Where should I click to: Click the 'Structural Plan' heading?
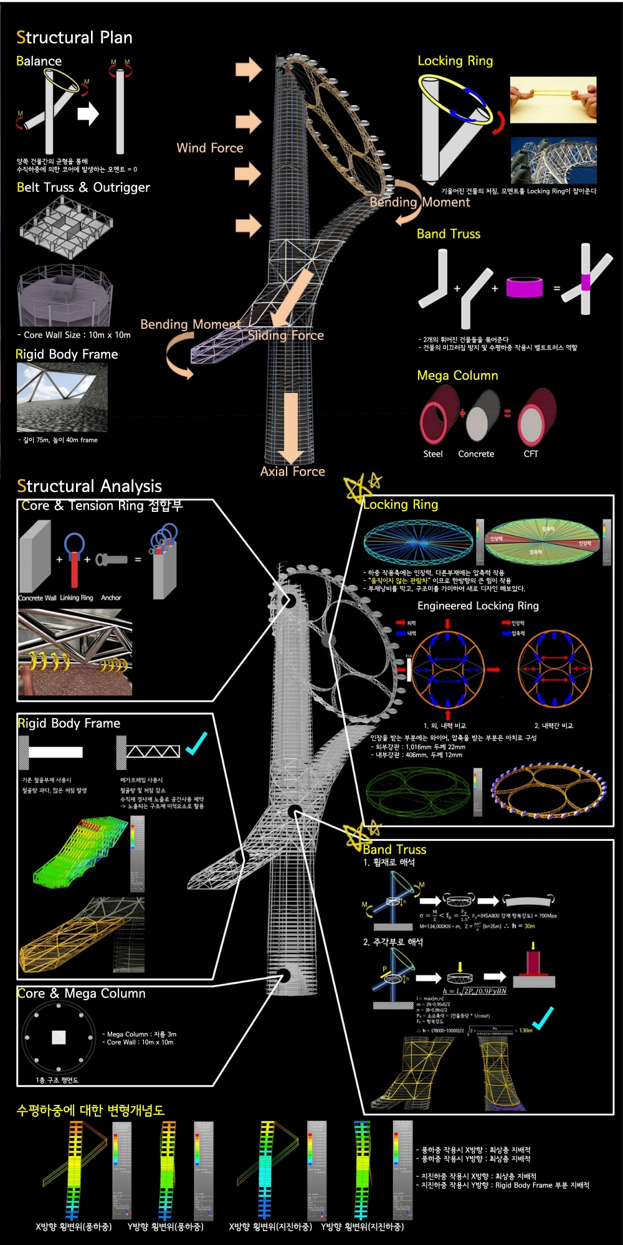pyautogui.click(x=74, y=37)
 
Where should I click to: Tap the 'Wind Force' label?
pyautogui.click(x=209, y=148)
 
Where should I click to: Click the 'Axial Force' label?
pyautogui.click(x=292, y=471)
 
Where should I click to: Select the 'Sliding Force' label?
pyautogui.click(x=285, y=335)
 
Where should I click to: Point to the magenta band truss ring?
pyautogui.click(x=524, y=287)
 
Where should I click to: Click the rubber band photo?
pyautogui.click(x=553, y=100)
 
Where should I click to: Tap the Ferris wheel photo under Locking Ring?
pyautogui.click(x=553, y=160)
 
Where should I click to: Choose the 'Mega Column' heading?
pyautogui.click(x=457, y=375)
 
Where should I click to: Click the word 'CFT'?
pyautogui.click(x=531, y=454)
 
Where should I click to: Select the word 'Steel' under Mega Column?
pyautogui.click(x=433, y=454)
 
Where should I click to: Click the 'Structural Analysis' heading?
pyautogui.click(x=89, y=486)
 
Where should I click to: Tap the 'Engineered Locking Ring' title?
pyautogui.click(x=478, y=605)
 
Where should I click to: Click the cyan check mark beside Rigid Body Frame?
pyautogui.click(x=196, y=743)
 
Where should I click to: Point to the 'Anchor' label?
pyautogui.click(x=111, y=598)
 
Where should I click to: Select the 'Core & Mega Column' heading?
pyautogui.click(x=81, y=993)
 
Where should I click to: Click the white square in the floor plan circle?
pyautogui.click(x=59, y=1037)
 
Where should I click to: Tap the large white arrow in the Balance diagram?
pyautogui.click(x=88, y=114)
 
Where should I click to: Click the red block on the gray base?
pyautogui.click(x=533, y=963)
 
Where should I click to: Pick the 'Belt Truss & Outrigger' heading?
pyautogui.click(x=83, y=187)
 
